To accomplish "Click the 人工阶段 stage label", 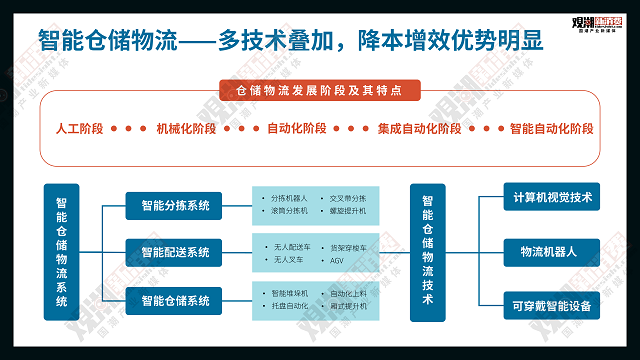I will tap(79, 129).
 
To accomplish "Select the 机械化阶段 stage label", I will tap(187, 129).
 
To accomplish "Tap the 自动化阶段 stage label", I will tap(296, 129).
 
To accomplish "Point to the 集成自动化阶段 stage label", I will tap(420, 129).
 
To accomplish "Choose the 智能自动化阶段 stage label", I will tap(551, 129).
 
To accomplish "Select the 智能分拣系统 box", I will tap(175, 206).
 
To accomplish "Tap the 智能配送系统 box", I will tap(175, 253).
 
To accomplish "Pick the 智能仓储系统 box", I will tap(175, 300).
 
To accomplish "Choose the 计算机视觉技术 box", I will tap(552, 197).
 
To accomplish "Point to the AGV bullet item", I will tap(337, 260).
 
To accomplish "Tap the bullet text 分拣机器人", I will tap(290, 198).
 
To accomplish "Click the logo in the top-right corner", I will tap(592, 20).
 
